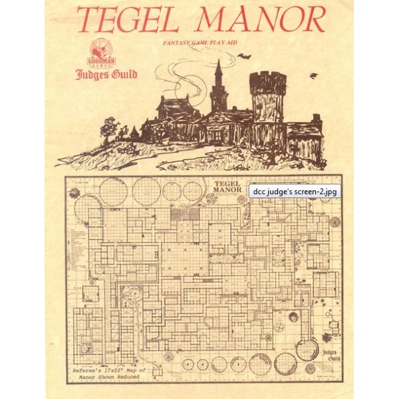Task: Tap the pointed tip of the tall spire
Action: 217,62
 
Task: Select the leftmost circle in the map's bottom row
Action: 186,364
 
